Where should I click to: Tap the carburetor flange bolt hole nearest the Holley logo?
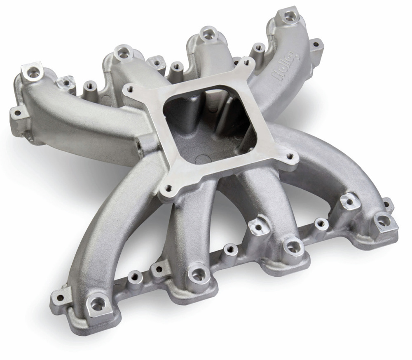[x=247, y=62]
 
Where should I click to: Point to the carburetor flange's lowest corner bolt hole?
[x=168, y=189]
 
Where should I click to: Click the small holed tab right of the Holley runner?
[x=317, y=45]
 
